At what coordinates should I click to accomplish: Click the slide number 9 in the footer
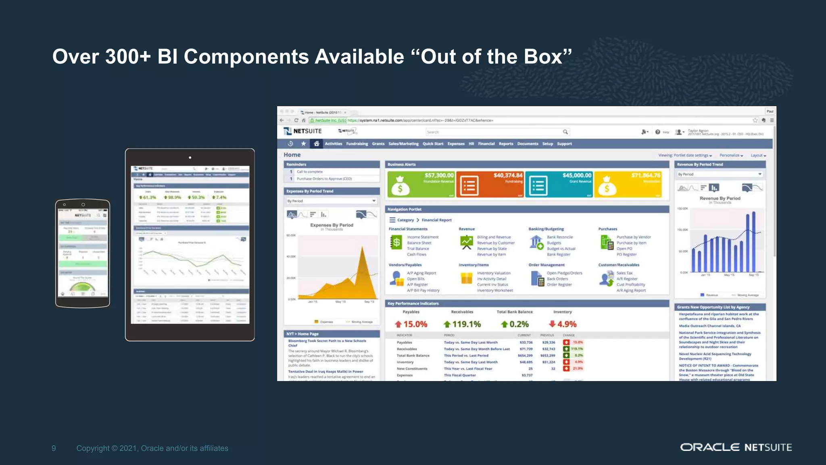tap(54, 448)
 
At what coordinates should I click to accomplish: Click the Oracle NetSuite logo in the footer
tap(736, 447)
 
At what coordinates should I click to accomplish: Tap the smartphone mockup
tap(83, 253)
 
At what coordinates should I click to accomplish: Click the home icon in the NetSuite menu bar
tap(317, 144)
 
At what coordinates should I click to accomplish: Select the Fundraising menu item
tap(357, 144)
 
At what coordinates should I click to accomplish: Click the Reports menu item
tap(506, 144)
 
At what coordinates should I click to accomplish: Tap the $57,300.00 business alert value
tap(439, 175)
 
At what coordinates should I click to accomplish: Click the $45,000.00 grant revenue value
tap(577, 175)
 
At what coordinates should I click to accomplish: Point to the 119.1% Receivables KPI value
tap(466, 324)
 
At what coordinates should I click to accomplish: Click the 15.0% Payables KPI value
tap(415, 324)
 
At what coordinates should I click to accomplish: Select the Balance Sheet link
tap(419, 243)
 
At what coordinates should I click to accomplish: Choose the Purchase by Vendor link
tap(634, 237)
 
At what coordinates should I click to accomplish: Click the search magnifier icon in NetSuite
tap(565, 132)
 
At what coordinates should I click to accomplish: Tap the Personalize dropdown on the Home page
tap(731, 155)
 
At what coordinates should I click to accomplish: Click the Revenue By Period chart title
tap(720, 198)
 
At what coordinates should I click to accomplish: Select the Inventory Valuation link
tap(494, 273)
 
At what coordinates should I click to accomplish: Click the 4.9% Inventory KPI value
tap(567, 324)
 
